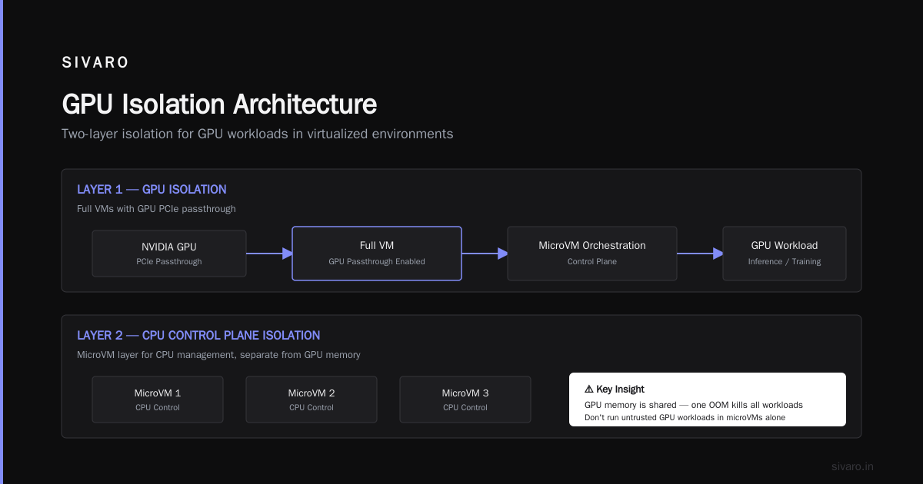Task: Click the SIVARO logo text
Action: [x=95, y=62]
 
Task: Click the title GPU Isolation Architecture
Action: [x=219, y=104]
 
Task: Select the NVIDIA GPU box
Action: [x=169, y=254]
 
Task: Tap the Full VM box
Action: [x=377, y=254]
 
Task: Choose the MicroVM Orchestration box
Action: [x=592, y=254]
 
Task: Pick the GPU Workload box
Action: [x=785, y=254]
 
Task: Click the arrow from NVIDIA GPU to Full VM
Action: [x=269, y=254]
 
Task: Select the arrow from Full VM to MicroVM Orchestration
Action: [x=485, y=254]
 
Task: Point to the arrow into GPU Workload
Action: [x=700, y=254]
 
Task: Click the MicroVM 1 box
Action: [x=158, y=399]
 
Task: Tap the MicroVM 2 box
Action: [x=312, y=399]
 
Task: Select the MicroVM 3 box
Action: [x=465, y=399]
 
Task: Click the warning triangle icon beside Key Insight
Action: [x=589, y=389]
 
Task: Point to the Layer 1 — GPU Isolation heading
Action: [x=152, y=189]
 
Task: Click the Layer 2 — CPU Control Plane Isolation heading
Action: [x=198, y=336]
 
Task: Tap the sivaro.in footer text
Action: [x=852, y=466]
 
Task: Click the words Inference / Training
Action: [x=785, y=261]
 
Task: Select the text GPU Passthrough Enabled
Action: [x=377, y=261]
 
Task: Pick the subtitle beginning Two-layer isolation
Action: [x=257, y=134]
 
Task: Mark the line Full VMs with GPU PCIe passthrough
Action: [x=156, y=209]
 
